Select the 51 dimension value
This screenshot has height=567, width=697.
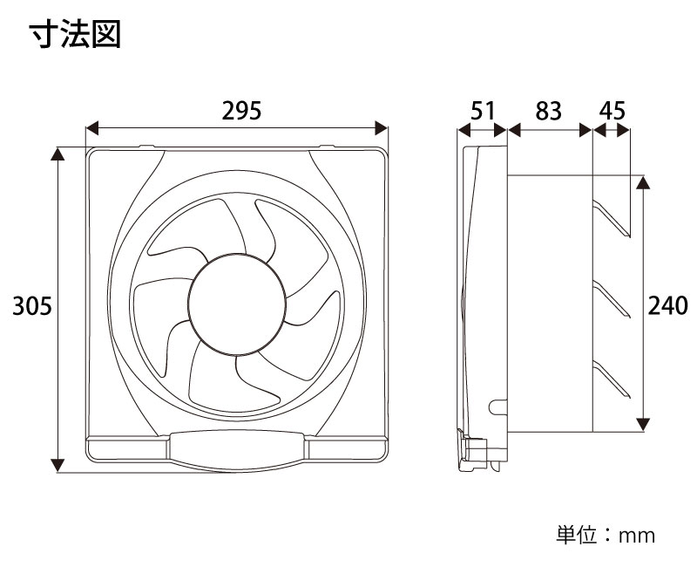point(483,111)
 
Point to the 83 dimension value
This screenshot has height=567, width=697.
point(548,111)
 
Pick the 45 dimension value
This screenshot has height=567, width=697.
point(612,111)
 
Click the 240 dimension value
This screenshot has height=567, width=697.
point(668,305)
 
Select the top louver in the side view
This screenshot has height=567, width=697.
point(611,220)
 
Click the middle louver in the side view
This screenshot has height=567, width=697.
point(611,299)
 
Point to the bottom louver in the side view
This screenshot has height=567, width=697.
point(611,379)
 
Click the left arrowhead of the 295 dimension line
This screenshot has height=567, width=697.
point(92,129)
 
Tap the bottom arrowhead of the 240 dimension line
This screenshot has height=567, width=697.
point(644,424)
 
